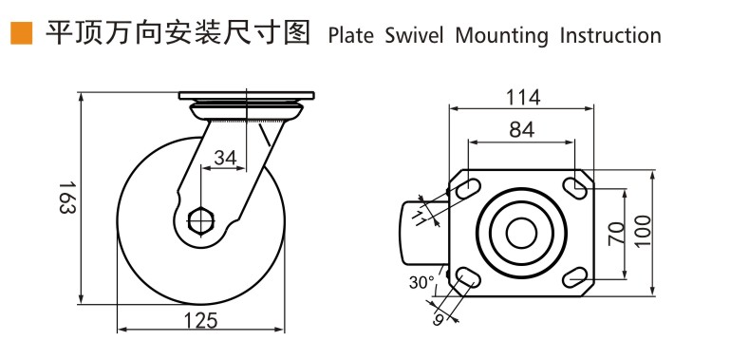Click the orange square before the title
coord(21,34)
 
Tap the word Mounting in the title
coord(501,36)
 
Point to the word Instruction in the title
coord(609,36)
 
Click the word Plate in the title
coord(351,36)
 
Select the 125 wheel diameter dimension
coord(199,320)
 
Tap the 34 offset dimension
coord(225,158)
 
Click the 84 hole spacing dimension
coord(520,130)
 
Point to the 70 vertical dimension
coord(614,234)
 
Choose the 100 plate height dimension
coord(643,232)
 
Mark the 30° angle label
coord(421,282)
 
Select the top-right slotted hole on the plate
coord(573,188)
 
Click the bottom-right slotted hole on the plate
coord(573,276)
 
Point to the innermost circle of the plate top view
coord(520,232)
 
